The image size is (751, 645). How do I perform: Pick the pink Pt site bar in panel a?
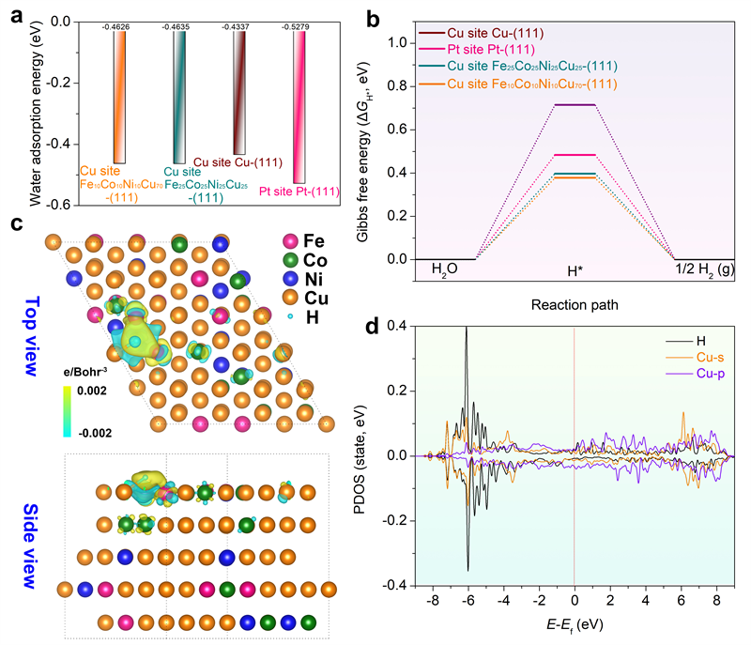[x=299, y=103]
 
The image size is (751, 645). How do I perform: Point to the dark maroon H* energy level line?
[x=575, y=105]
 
